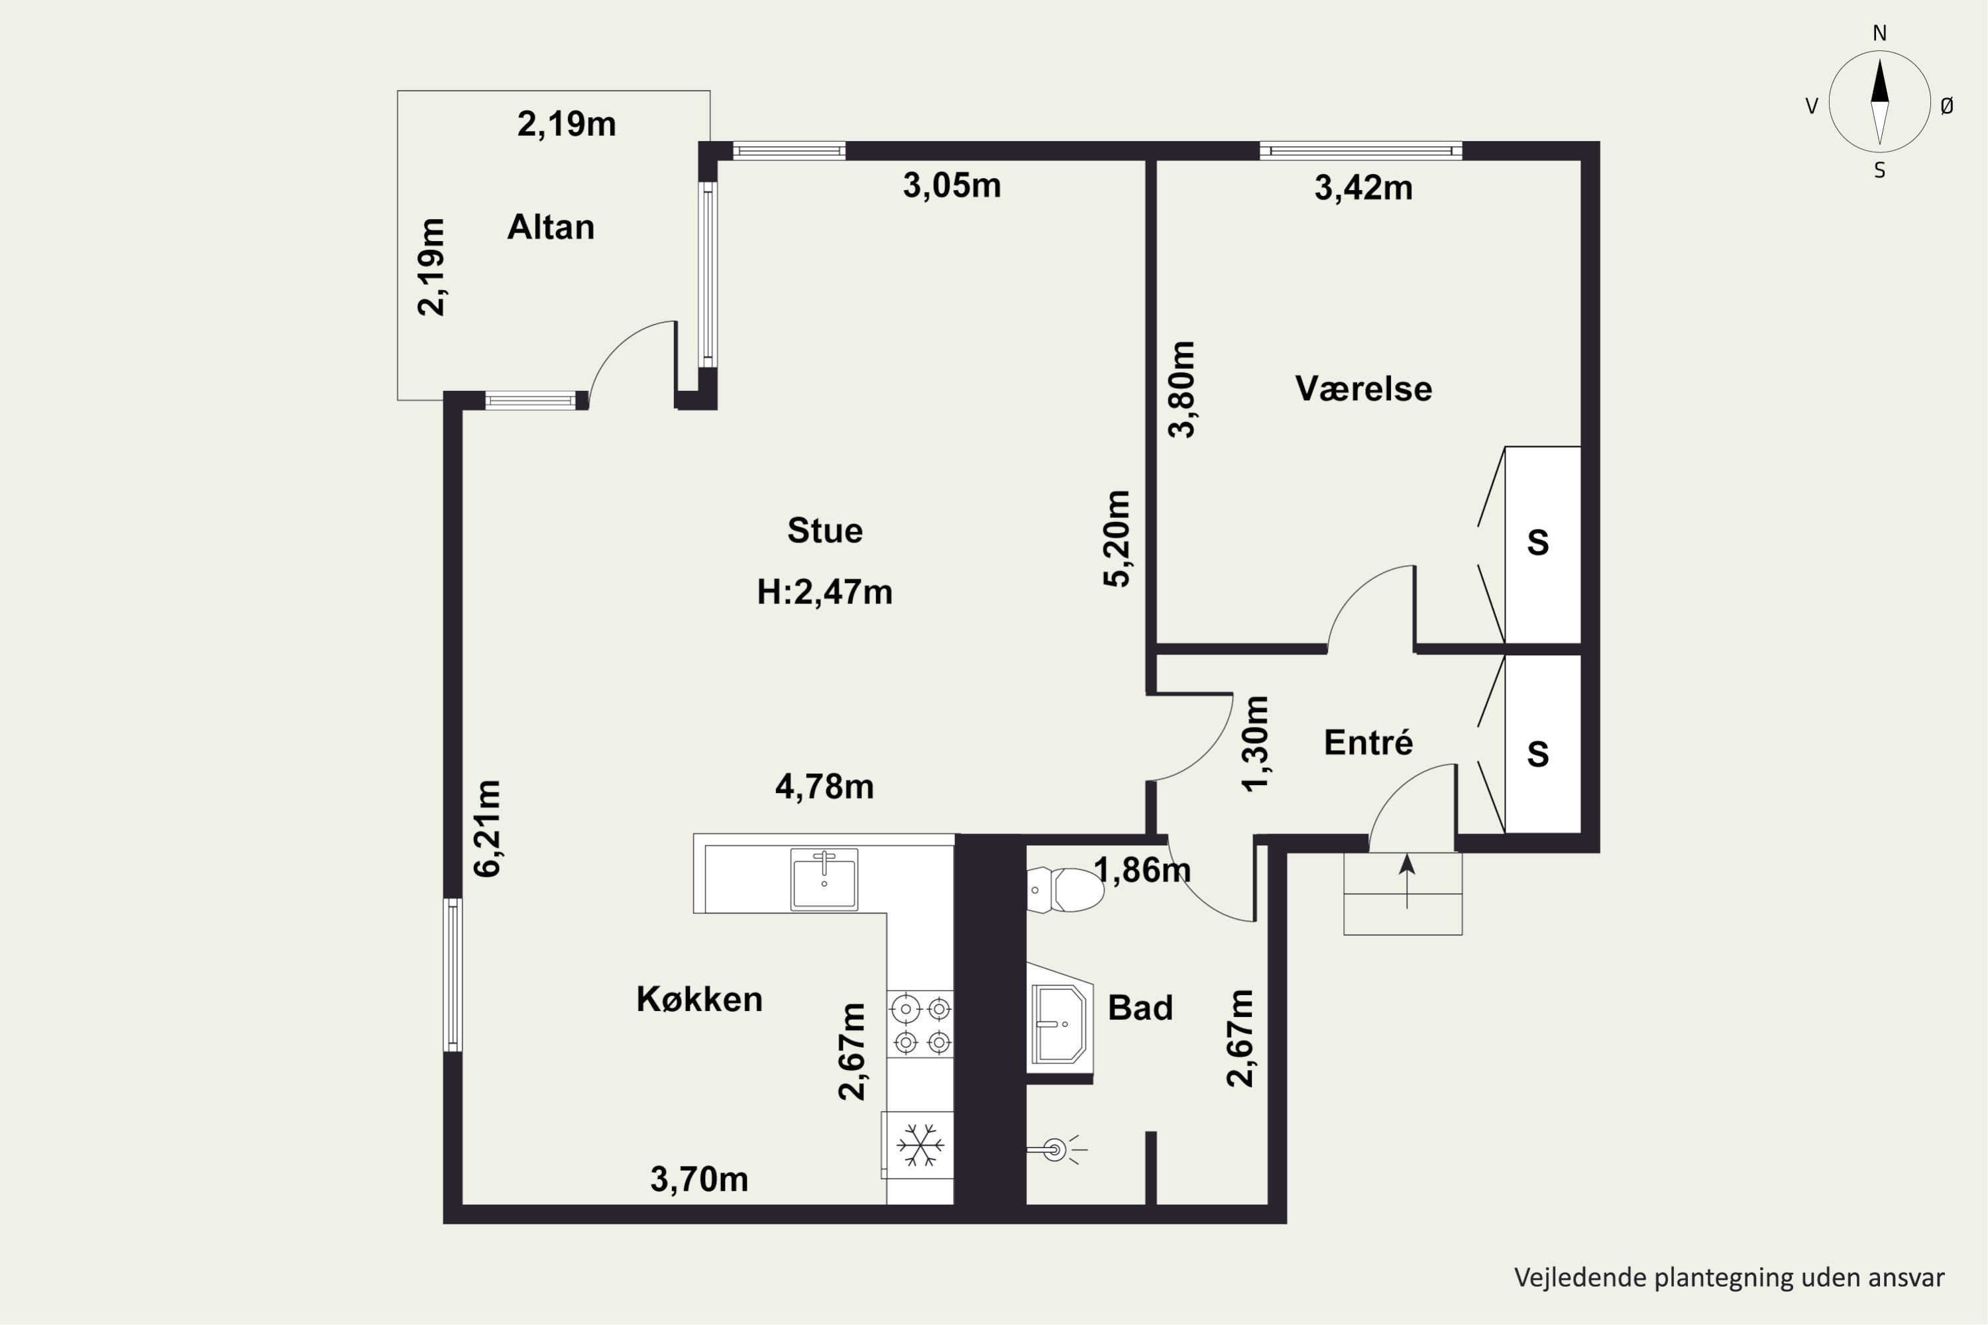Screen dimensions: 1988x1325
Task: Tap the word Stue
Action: point(825,531)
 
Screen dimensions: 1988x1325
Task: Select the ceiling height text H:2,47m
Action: point(824,592)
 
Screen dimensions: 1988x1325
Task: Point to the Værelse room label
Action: point(1363,389)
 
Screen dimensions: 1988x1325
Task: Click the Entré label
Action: point(1368,742)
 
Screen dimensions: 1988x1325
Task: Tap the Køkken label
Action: point(699,999)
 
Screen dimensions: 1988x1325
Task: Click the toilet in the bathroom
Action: point(1065,890)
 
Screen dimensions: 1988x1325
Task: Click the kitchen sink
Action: point(824,880)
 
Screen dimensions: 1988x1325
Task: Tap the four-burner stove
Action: point(920,1024)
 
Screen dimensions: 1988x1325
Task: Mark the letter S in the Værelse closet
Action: point(1537,543)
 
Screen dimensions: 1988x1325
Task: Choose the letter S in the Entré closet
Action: point(1537,754)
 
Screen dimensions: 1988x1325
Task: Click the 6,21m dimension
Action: point(488,828)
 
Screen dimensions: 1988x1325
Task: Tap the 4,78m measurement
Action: point(824,787)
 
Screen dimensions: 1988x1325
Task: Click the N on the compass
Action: point(1880,33)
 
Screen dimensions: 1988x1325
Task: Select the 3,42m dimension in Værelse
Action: point(1363,187)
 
